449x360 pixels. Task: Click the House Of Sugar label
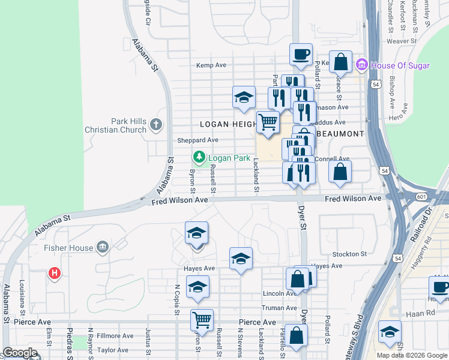coord(400,65)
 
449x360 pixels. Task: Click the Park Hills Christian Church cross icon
coord(156,125)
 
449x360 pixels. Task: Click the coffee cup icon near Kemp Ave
coord(301,55)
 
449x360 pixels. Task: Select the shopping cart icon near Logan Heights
coord(268,122)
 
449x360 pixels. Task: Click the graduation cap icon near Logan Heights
coord(244,97)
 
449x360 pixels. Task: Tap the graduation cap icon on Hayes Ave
coord(241,259)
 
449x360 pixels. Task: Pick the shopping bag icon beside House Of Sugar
coord(340,62)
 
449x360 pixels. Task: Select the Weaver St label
coord(402,41)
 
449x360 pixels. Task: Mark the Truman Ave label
coord(280,308)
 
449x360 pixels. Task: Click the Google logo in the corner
coord(20,353)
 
